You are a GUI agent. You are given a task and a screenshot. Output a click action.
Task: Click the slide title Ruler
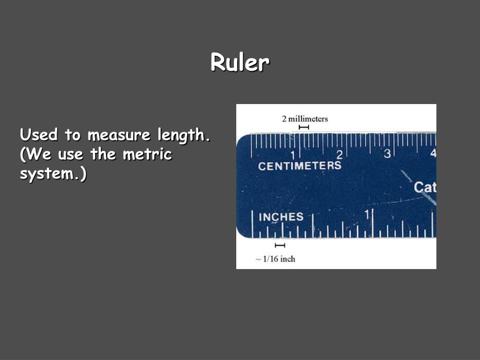coord(240,62)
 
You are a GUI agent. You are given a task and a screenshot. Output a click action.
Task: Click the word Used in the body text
coord(39,135)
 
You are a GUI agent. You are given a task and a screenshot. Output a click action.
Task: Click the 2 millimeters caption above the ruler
coord(305,119)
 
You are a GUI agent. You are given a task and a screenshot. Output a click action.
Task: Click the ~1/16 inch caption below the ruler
coord(276,259)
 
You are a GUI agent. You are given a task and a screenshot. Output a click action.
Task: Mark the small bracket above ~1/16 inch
coord(280,246)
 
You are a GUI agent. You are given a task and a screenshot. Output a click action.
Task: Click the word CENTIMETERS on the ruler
coord(300,166)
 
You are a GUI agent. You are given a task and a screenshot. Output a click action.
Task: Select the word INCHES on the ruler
coord(281,217)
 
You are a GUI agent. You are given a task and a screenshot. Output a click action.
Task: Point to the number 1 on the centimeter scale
coord(292,155)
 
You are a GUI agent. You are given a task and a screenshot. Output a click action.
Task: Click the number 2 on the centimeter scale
coord(339,155)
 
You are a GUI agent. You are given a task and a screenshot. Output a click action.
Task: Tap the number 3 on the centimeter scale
coord(387,154)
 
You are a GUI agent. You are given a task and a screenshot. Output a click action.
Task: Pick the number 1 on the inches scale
coord(367,215)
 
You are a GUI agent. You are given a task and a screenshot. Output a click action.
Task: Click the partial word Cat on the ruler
coord(425,187)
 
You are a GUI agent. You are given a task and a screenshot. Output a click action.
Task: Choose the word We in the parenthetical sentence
coord(37,154)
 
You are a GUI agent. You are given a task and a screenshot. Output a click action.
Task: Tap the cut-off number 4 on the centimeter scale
coord(433,153)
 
